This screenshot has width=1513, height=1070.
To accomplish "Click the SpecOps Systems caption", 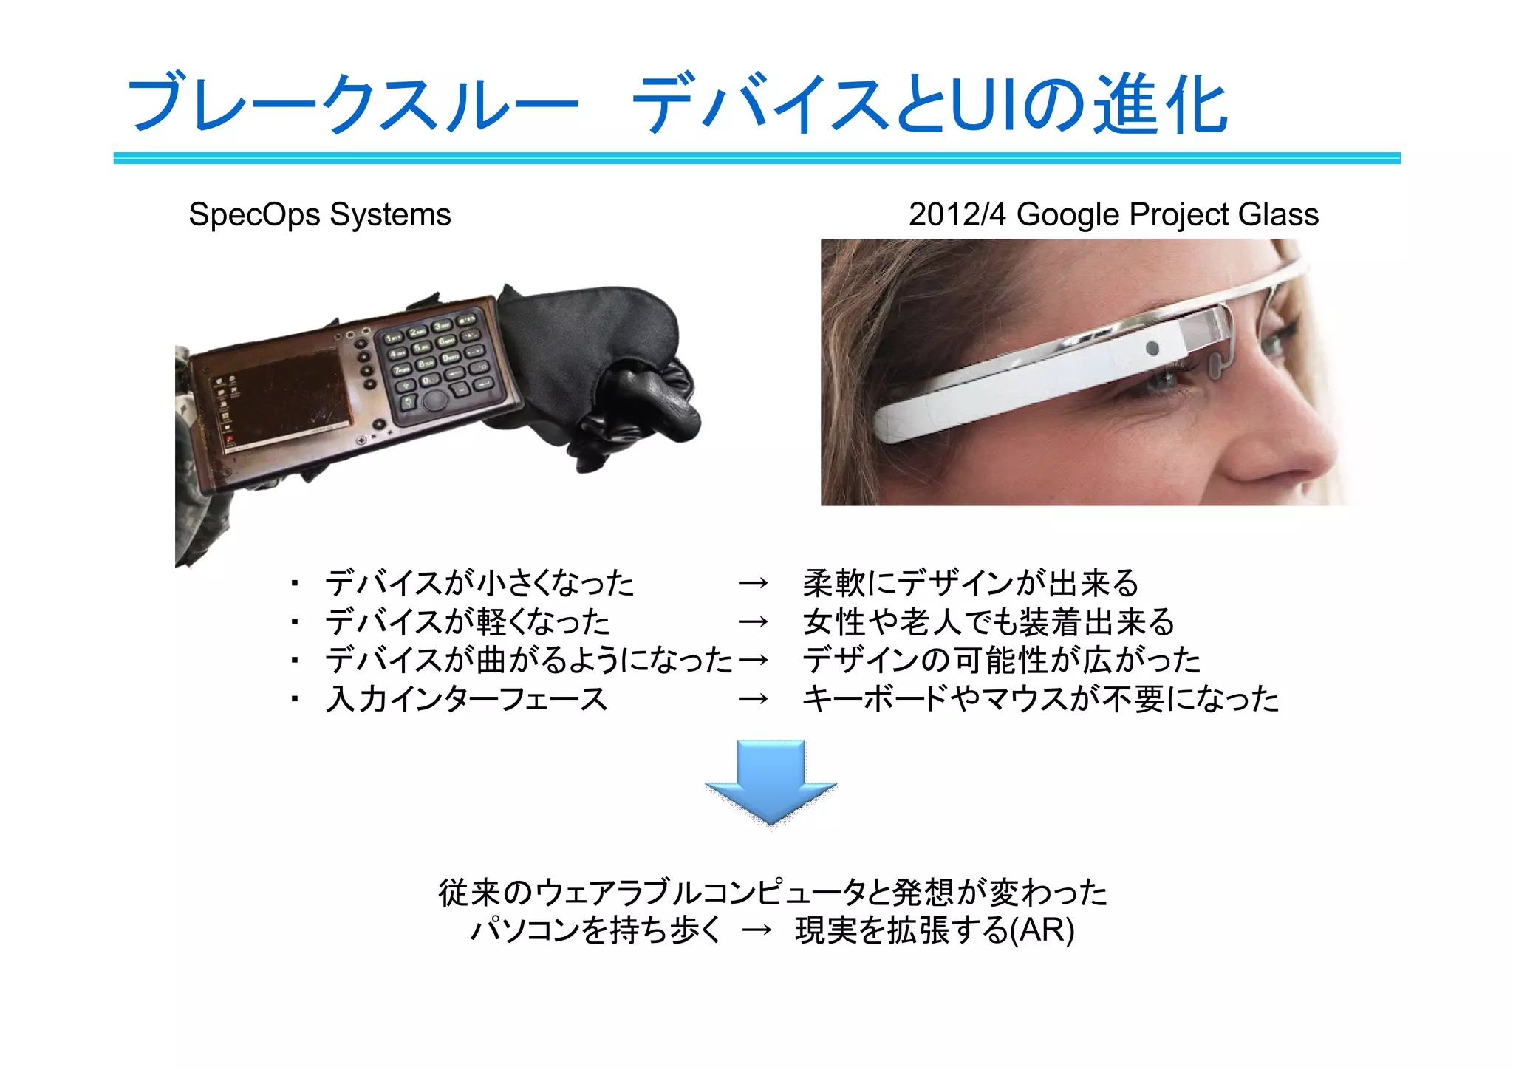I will (319, 215).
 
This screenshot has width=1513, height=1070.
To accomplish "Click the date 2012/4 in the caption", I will (957, 215).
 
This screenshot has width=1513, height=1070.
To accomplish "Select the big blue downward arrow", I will (771, 782).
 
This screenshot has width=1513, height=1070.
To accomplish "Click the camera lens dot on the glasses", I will (1152, 348).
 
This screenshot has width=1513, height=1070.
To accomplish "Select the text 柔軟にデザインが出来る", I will (971, 583).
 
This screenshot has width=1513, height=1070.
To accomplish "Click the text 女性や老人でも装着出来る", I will (988, 621).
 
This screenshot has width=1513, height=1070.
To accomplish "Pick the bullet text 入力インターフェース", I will (466, 698).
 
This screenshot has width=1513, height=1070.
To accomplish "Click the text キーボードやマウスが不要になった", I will (1040, 698).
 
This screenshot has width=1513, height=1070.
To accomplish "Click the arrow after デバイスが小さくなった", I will (753, 584).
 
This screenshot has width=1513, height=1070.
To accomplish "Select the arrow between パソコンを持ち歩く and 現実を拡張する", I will (756, 930).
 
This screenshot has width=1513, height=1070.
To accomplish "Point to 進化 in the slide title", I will (1160, 105).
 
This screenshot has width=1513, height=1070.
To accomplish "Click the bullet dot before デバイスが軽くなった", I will (294, 622).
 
